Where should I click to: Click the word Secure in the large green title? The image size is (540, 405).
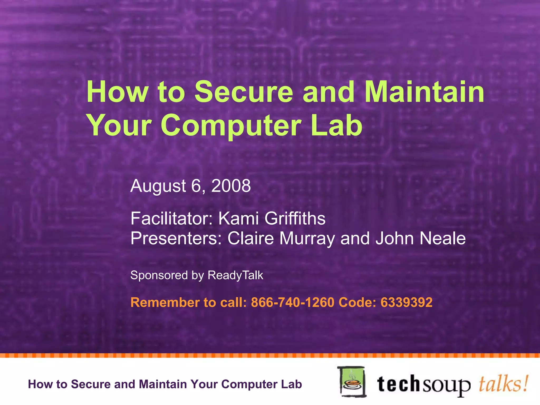pyautogui.click(x=244, y=91)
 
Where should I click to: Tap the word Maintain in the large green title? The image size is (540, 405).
pyautogui.click(x=424, y=91)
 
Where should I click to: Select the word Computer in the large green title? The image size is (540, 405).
pyautogui.click(x=231, y=125)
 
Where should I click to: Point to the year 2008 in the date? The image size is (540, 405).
pyautogui.click(x=231, y=186)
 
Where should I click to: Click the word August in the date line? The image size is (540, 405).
pyautogui.click(x=158, y=186)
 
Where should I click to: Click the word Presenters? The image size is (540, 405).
pyautogui.click(x=176, y=238)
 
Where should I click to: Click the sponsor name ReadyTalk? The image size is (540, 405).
pyautogui.click(x=235, y=275)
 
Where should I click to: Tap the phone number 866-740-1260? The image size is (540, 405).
pyautogui.click(x=292, y=302)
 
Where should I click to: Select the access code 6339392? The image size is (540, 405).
pyautogui.click(x=406, y=302)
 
